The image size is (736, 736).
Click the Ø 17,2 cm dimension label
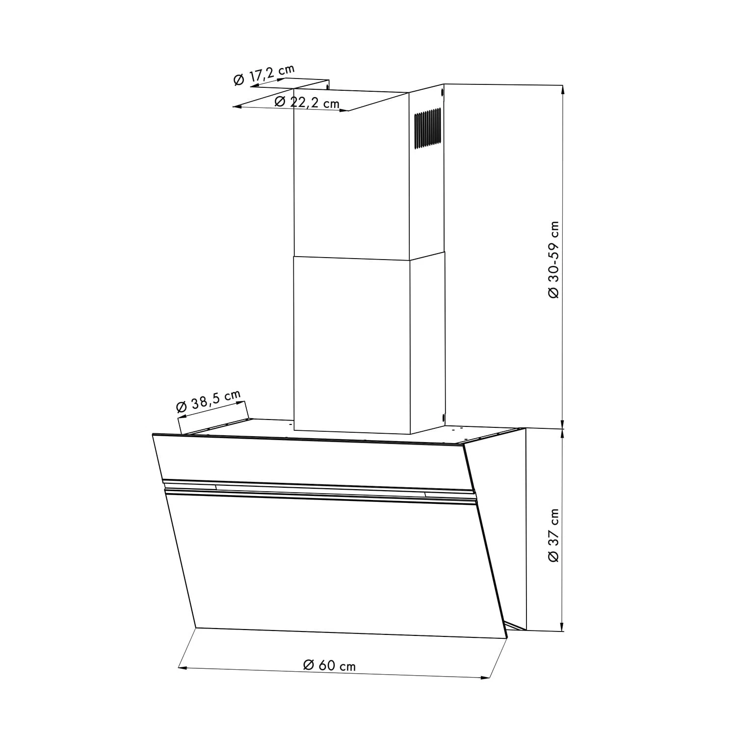click(264, 75)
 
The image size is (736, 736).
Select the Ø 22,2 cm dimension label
click(307, 102)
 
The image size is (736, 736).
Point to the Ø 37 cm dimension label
click(553, 535)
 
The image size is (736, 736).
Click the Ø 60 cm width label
click(329, 665)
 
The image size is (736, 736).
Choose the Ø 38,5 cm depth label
click(208, 400)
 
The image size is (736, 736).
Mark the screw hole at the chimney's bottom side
click(443, 418)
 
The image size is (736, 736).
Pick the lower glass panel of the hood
click(334, 564)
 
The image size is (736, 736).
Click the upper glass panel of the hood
click(309, 461)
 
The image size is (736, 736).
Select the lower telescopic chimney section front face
click(351, 343)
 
